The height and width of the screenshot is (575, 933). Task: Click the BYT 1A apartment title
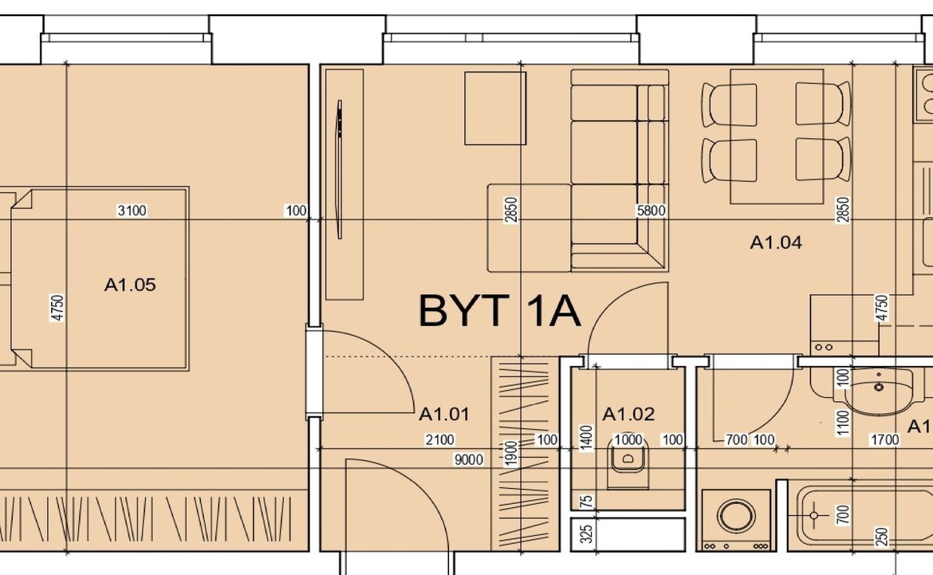click(499, 310)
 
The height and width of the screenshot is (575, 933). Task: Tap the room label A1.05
click(130, 285)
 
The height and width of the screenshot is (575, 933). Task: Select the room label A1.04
click(776, 242)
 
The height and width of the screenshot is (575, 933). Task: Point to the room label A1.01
click(444, 414)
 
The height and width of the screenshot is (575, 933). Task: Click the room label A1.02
click(628, 414)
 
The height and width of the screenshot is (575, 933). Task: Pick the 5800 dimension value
click(651, 211)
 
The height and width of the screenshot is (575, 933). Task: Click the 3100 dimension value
click(132, 211)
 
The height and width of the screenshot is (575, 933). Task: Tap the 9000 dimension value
click(469, 459)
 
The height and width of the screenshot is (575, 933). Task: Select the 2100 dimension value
click(439, 440)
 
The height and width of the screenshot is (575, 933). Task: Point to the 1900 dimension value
click(511, 454)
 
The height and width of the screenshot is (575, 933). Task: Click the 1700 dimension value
click(885, 440)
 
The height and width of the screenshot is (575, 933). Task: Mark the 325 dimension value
click(587, 534)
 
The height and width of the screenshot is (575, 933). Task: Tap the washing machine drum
click(736, 515)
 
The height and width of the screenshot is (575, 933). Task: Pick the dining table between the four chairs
click(777, 136)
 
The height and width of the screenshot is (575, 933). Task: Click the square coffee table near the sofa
click(495, 108)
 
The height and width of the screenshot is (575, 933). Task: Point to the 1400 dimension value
click(587, 438)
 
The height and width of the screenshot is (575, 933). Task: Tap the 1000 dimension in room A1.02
click(628, 440)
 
